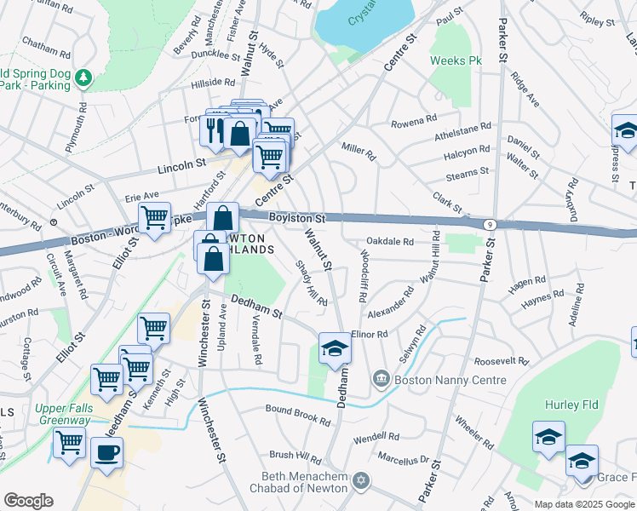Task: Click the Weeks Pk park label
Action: point(456,61)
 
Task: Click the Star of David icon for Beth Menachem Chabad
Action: point(361,482)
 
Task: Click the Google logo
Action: point(28,501)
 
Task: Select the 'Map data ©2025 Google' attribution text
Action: point(584,504)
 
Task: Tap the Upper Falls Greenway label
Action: point(63,414)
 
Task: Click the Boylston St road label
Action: point(297,219)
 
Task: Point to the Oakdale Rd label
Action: point(391,242)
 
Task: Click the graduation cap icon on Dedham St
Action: point(334,348)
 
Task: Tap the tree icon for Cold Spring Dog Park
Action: point(83,79)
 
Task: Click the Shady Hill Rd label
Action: point(309,283)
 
